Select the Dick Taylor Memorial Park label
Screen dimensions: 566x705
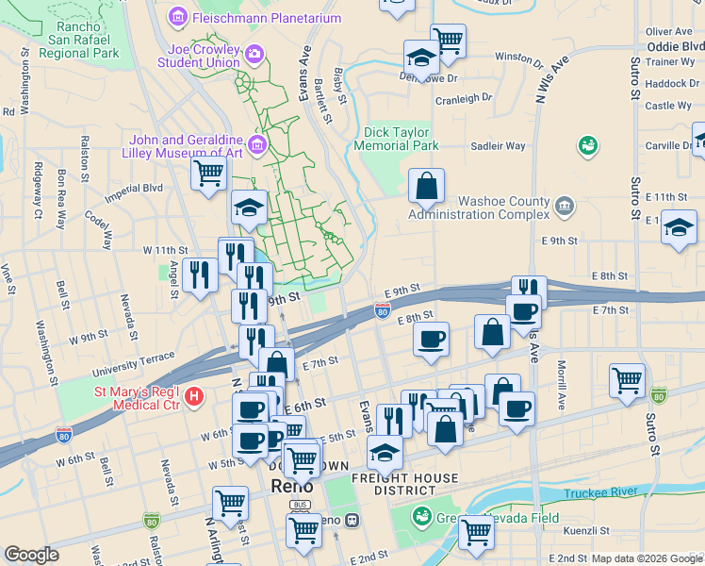(x=397, y=140)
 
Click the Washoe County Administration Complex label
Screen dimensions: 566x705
(x=479, y=208)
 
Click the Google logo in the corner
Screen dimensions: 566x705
(x=31, y=554)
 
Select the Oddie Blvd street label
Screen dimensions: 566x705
(x=675, y=45)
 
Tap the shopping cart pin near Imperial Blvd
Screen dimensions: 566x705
(x=208, y=174)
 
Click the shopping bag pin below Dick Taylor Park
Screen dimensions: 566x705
(x=426, y=185)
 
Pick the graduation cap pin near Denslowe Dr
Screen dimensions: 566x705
(x=421, y=58)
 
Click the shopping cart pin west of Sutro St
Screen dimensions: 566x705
(x=627, y=381)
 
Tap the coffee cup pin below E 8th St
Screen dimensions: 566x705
(x=431, y=340)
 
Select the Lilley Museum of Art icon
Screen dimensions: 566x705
(x=256, y=146)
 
